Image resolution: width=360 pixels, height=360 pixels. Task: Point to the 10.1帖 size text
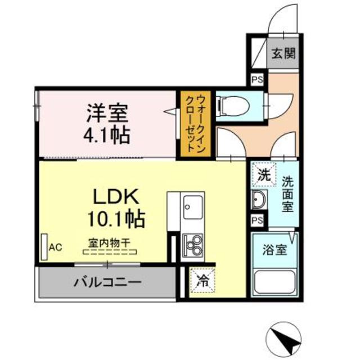tap(116, 218)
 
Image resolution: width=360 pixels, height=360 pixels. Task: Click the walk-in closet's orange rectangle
tap(190, 124)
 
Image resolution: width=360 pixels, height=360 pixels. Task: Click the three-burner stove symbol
tap(193, 244)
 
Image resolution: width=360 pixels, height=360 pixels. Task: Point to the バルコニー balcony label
tap(106, 281)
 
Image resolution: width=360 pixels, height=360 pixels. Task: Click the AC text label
tap(55, 246)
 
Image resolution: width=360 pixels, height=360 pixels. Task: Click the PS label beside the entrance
tap(257, 80)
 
